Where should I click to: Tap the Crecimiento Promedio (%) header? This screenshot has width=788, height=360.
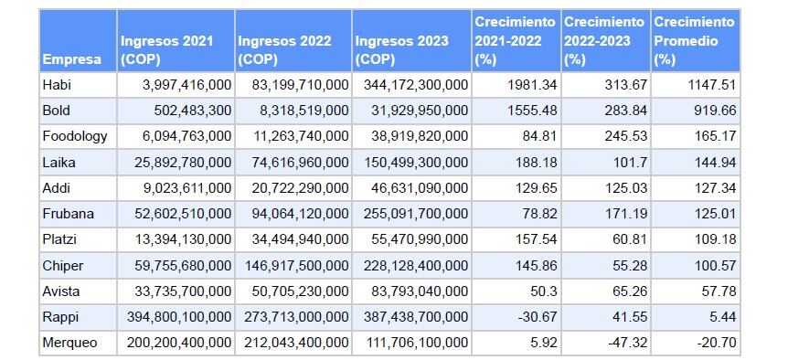694,41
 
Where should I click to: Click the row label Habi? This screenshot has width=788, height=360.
56,85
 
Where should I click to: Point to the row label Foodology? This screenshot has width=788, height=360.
75,136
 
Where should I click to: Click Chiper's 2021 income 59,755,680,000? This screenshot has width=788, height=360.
176,266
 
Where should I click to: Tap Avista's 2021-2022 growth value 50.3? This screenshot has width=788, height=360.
540,291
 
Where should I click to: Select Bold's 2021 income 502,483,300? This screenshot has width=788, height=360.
186,111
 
